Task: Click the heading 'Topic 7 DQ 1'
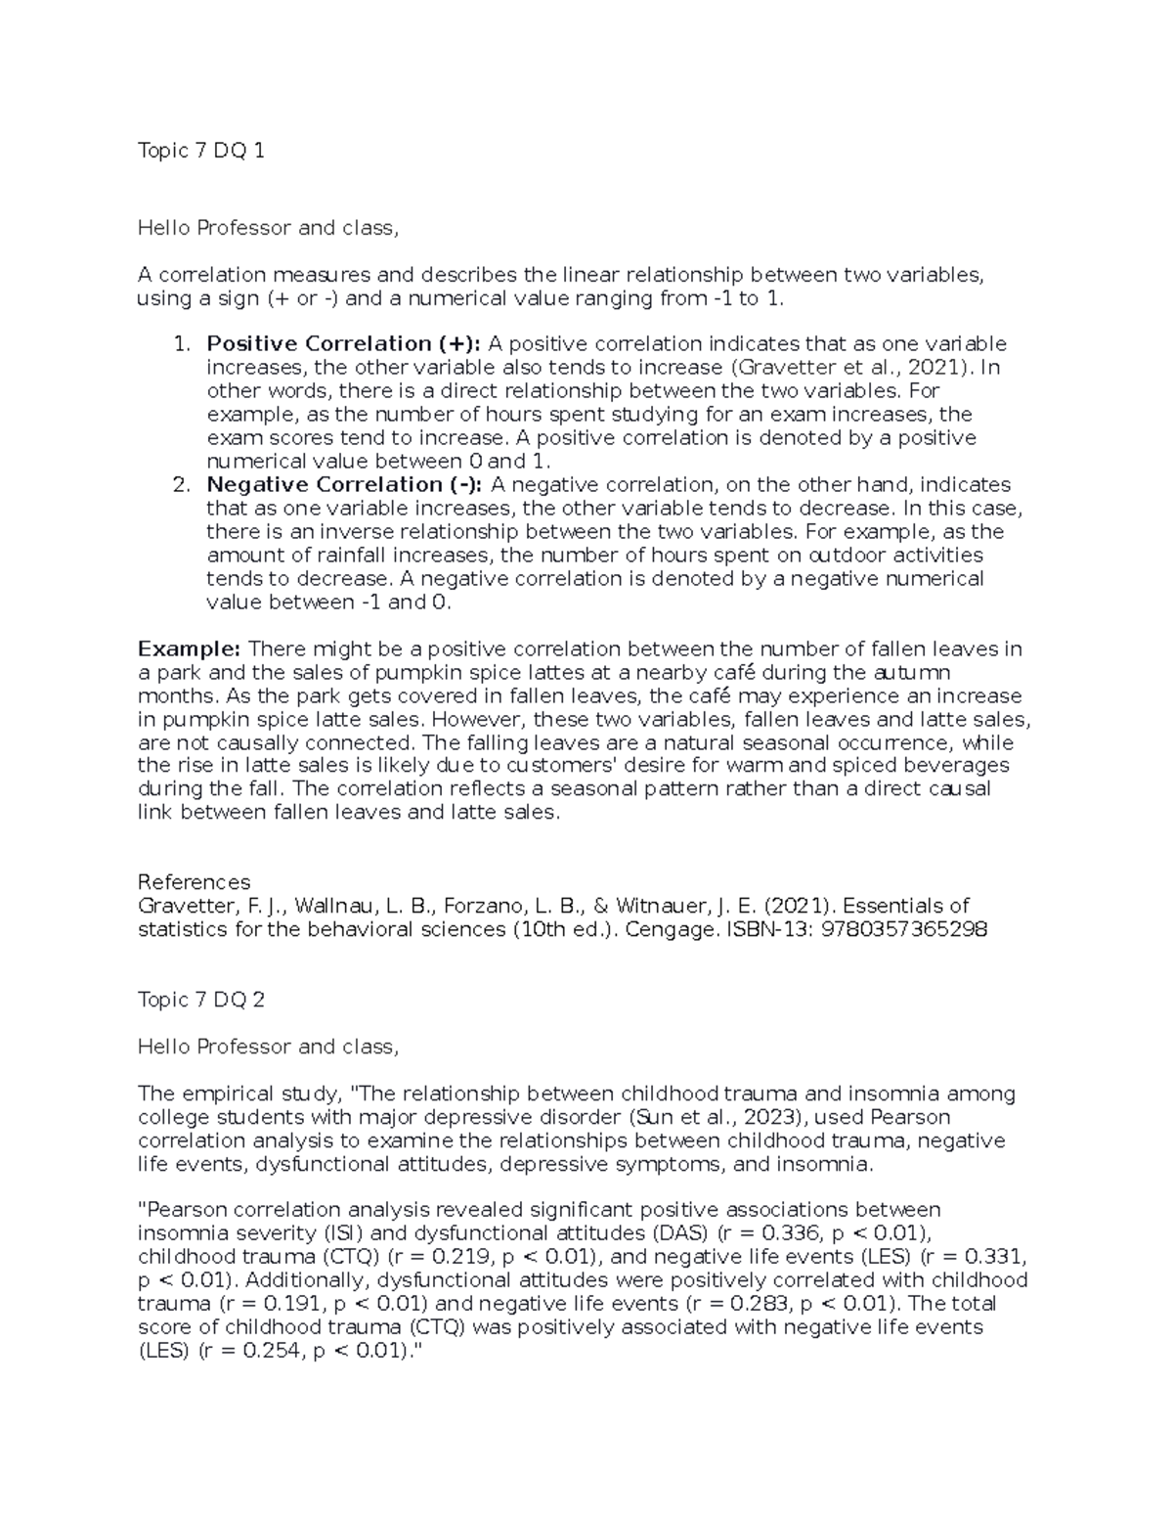click(x=200, y=151)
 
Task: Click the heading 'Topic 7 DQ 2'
click(x=200, y=1000)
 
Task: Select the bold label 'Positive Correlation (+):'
click(x=344, y=344)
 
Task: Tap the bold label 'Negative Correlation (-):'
click(x=344, y=485)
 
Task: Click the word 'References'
click(x=194, y=882)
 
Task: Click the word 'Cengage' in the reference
click(x=669, y=929)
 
